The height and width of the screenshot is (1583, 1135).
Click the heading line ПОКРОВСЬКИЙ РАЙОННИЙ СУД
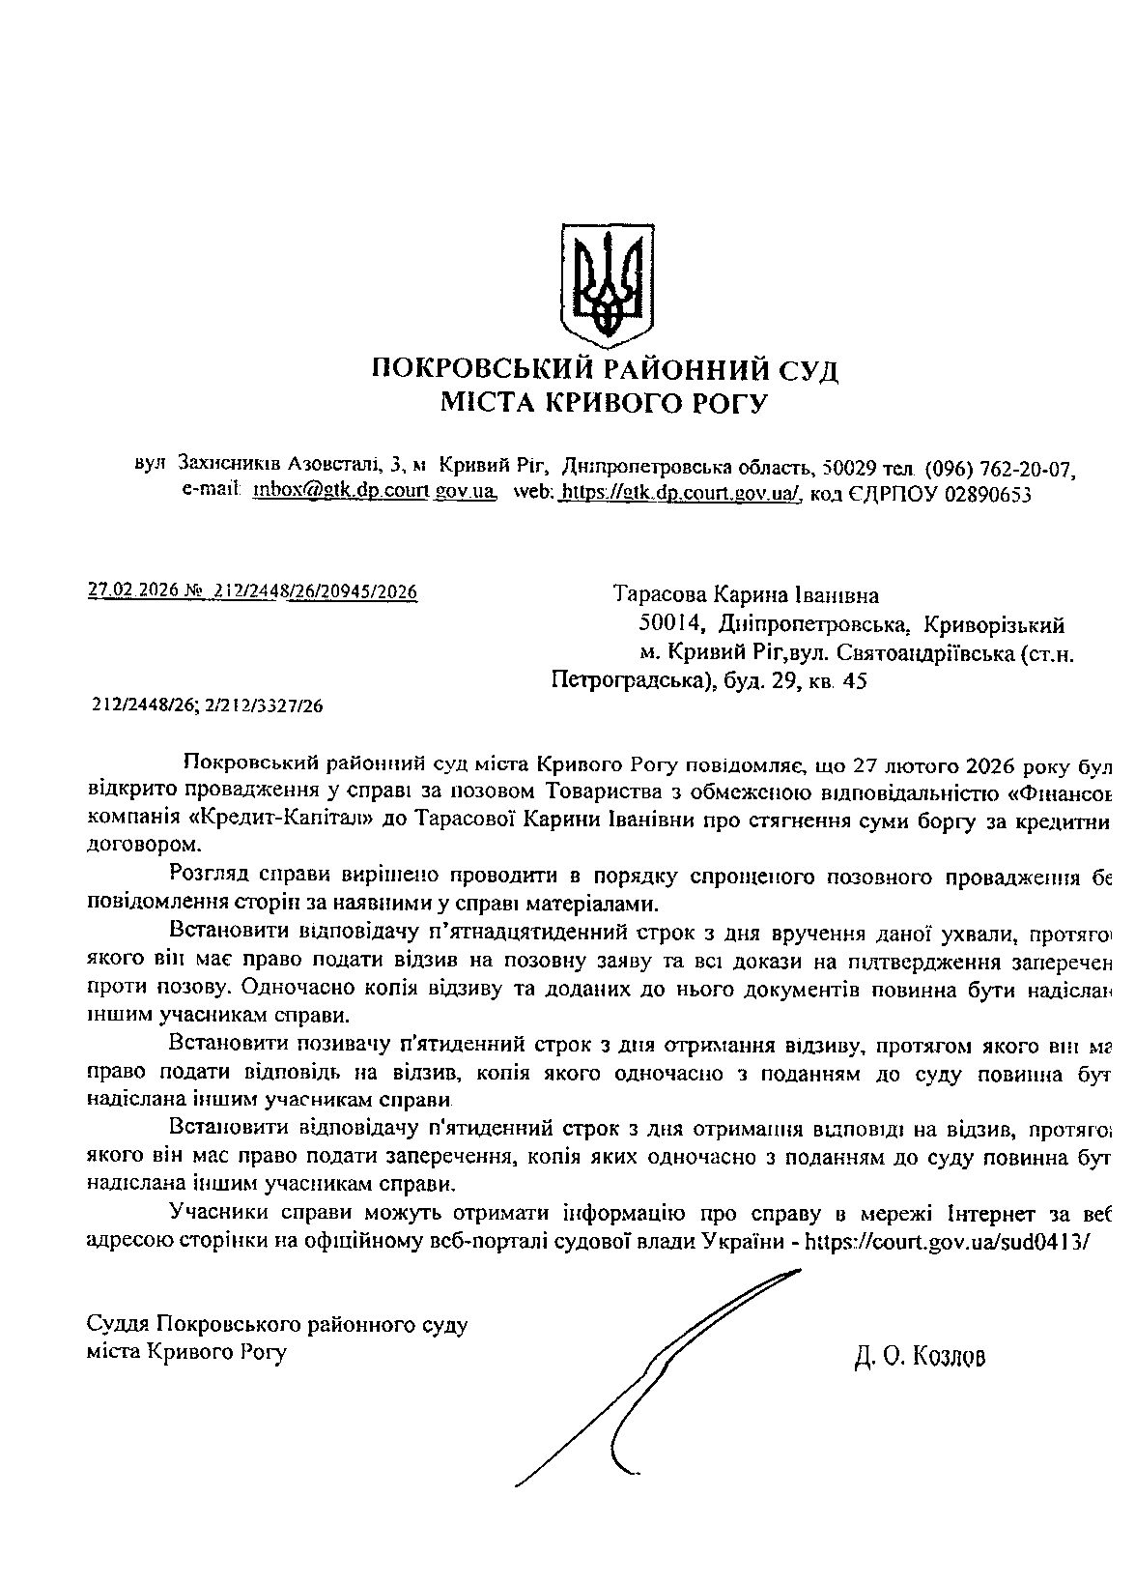coord(605,370)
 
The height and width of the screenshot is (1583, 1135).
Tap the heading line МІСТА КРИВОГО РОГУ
coord(605,403)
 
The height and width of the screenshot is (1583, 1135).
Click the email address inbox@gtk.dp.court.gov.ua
coord(374,493)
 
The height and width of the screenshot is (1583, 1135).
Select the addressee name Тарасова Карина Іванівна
coord(747,595)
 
